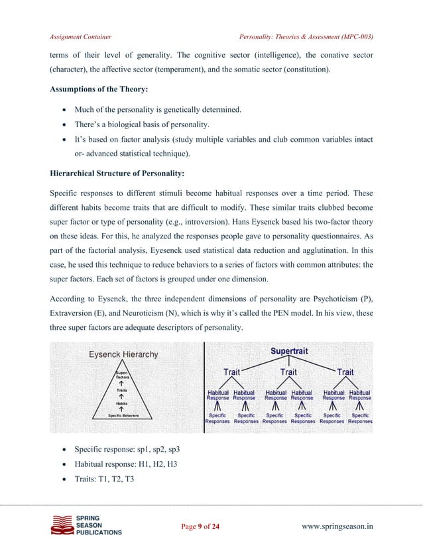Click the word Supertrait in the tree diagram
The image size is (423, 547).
pyautogui.click(x=288, y=351)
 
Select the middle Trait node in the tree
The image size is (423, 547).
pyautogui.click(x=288, y=372)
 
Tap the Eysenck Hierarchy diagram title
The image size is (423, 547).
pyautogui.click(x=124, y=354)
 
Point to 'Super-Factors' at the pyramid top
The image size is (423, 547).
pyautogui.click(x=124, y=375)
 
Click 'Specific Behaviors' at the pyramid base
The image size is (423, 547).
pyautogui.click(x=124, y=415)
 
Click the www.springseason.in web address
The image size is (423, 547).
pyautogui.click(x=337, y=526)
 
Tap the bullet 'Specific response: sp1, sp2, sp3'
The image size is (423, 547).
pyautogui.click(x=127, y=450)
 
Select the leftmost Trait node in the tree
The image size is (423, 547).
pyautogui.click(x=231, y=372)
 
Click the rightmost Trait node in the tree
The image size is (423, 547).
pyautogui.click(x=345, y=372)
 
